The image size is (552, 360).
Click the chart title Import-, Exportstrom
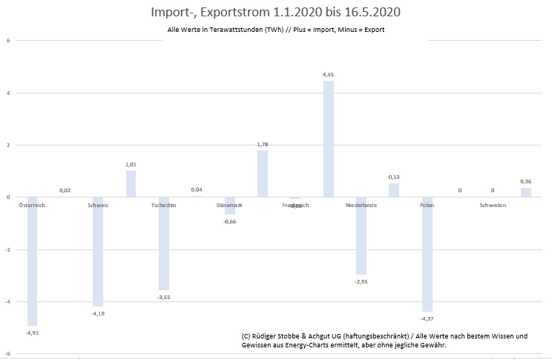276,13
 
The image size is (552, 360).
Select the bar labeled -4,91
33,261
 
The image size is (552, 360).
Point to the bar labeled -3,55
164,243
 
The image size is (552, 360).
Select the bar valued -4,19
98,252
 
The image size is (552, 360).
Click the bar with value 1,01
131,184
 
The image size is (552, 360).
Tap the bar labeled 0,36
525,192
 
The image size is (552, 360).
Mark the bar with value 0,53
394,190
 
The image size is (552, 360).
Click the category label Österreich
32,205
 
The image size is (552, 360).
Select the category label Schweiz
98,205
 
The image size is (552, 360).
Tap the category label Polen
427,205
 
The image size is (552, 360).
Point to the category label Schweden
493,205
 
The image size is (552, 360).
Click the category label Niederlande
361,205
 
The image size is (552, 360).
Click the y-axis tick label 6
8,41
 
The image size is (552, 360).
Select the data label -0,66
229,220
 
